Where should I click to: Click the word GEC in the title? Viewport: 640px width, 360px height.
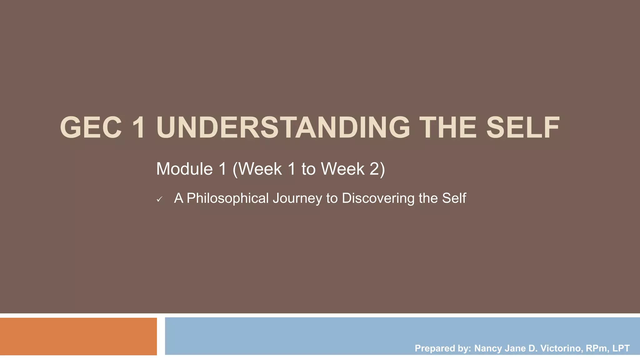coord(91,127)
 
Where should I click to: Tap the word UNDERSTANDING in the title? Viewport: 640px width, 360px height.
coord(283,127)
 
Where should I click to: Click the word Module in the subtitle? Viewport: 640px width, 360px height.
coord(184,169)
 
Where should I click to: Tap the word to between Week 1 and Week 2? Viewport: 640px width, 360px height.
coord(308,169)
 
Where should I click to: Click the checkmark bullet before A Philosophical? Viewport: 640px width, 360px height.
coord(159,199)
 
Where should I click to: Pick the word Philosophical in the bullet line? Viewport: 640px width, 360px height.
coord(227,198)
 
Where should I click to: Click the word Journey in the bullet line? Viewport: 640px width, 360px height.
coord(297,198)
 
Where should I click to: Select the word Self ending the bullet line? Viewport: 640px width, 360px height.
coord(454,198)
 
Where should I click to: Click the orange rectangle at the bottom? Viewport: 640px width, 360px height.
coord(78,336)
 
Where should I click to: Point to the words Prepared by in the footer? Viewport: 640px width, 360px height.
coord(442,348)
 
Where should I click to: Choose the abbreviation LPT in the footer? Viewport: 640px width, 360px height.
coord(621,348)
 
